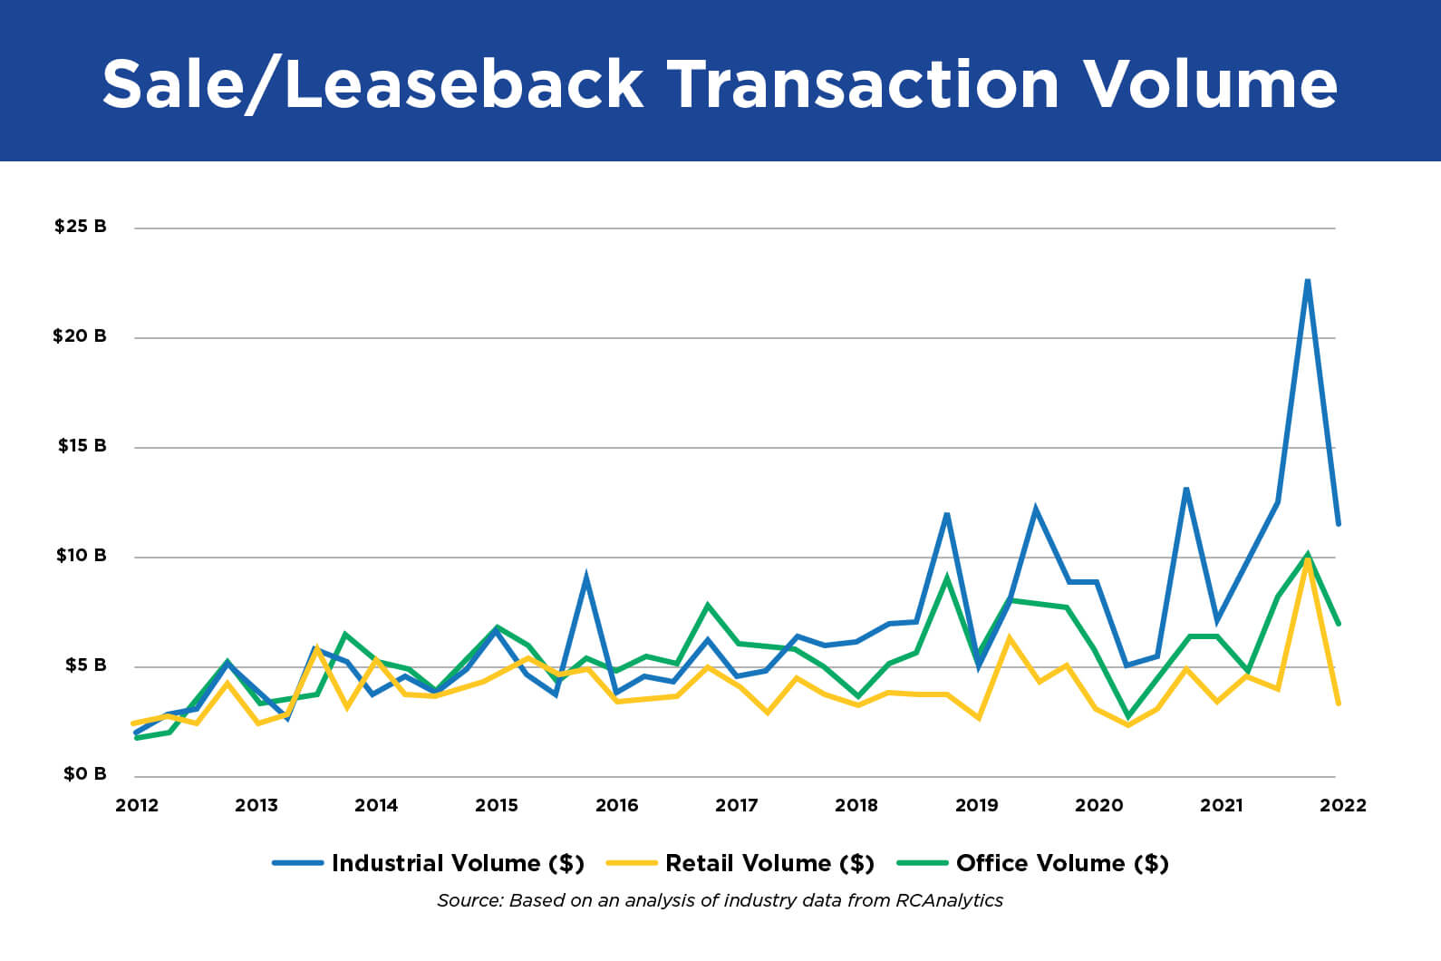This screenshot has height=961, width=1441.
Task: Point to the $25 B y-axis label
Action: coord(80,226)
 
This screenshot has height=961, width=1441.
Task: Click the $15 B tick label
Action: coord(82,445)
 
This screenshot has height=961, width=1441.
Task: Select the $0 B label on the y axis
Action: coord(84,773)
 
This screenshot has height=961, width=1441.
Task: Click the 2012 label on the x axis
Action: coord(137,805)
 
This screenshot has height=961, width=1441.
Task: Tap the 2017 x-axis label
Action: coord(736,805)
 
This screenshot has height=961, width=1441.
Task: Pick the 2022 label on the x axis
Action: coord(1342,805)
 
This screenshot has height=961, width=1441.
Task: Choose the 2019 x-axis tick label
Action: coord(976,805)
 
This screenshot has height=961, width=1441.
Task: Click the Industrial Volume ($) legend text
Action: coord(458,863)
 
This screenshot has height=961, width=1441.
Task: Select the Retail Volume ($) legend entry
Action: coord(769,863)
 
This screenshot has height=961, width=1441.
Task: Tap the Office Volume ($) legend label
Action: coord(1062,863)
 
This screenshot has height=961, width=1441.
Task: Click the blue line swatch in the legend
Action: coord(298,863)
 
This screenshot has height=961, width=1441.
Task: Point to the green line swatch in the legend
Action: coord(922,863)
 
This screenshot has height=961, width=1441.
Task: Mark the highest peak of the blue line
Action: coord(1308,281)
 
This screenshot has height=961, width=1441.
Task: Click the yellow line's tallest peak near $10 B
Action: coord(1307,561)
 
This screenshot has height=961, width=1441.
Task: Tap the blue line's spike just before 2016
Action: coord(586,577)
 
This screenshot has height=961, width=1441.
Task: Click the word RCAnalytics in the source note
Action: coord(949,900)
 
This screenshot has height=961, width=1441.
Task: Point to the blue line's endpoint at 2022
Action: coord(1339,523)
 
